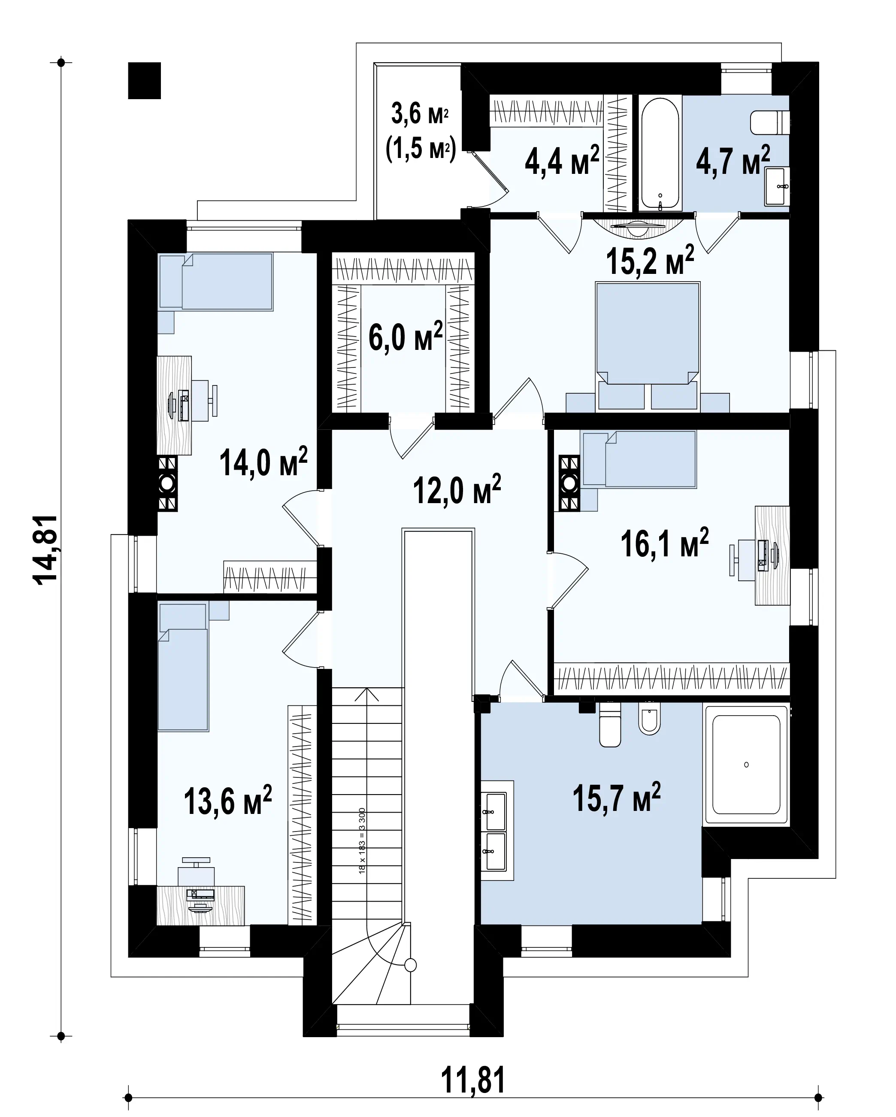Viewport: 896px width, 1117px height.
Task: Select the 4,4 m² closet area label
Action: [x=562, y=160]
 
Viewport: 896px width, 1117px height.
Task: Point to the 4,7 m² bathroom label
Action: [x=733, y=160]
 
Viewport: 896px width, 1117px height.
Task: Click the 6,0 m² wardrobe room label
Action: [x=406, y=336]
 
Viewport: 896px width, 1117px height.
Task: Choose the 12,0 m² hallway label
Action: [x=457, y=489]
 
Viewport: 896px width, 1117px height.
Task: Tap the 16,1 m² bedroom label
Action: [x=664, y=543]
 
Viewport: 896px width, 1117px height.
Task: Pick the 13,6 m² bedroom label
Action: [x=228, y=815]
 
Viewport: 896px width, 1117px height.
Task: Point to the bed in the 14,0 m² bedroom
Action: [x=216, y=282]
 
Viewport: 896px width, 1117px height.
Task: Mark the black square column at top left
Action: [x=145, y=81]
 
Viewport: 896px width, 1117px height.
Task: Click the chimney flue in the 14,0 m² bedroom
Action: [x=167, y=484]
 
